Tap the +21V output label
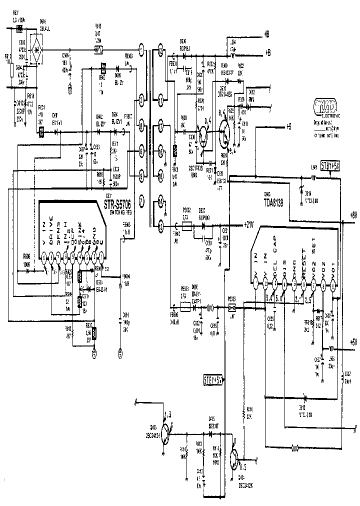pyautogui.click(x=248, y=225)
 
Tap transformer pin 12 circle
pyautogui.click(x=160, y=49)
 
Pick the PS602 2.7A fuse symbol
pyautogui.click(x=187, y=226)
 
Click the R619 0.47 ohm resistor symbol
pyautogui.click(x=98, y=50)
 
